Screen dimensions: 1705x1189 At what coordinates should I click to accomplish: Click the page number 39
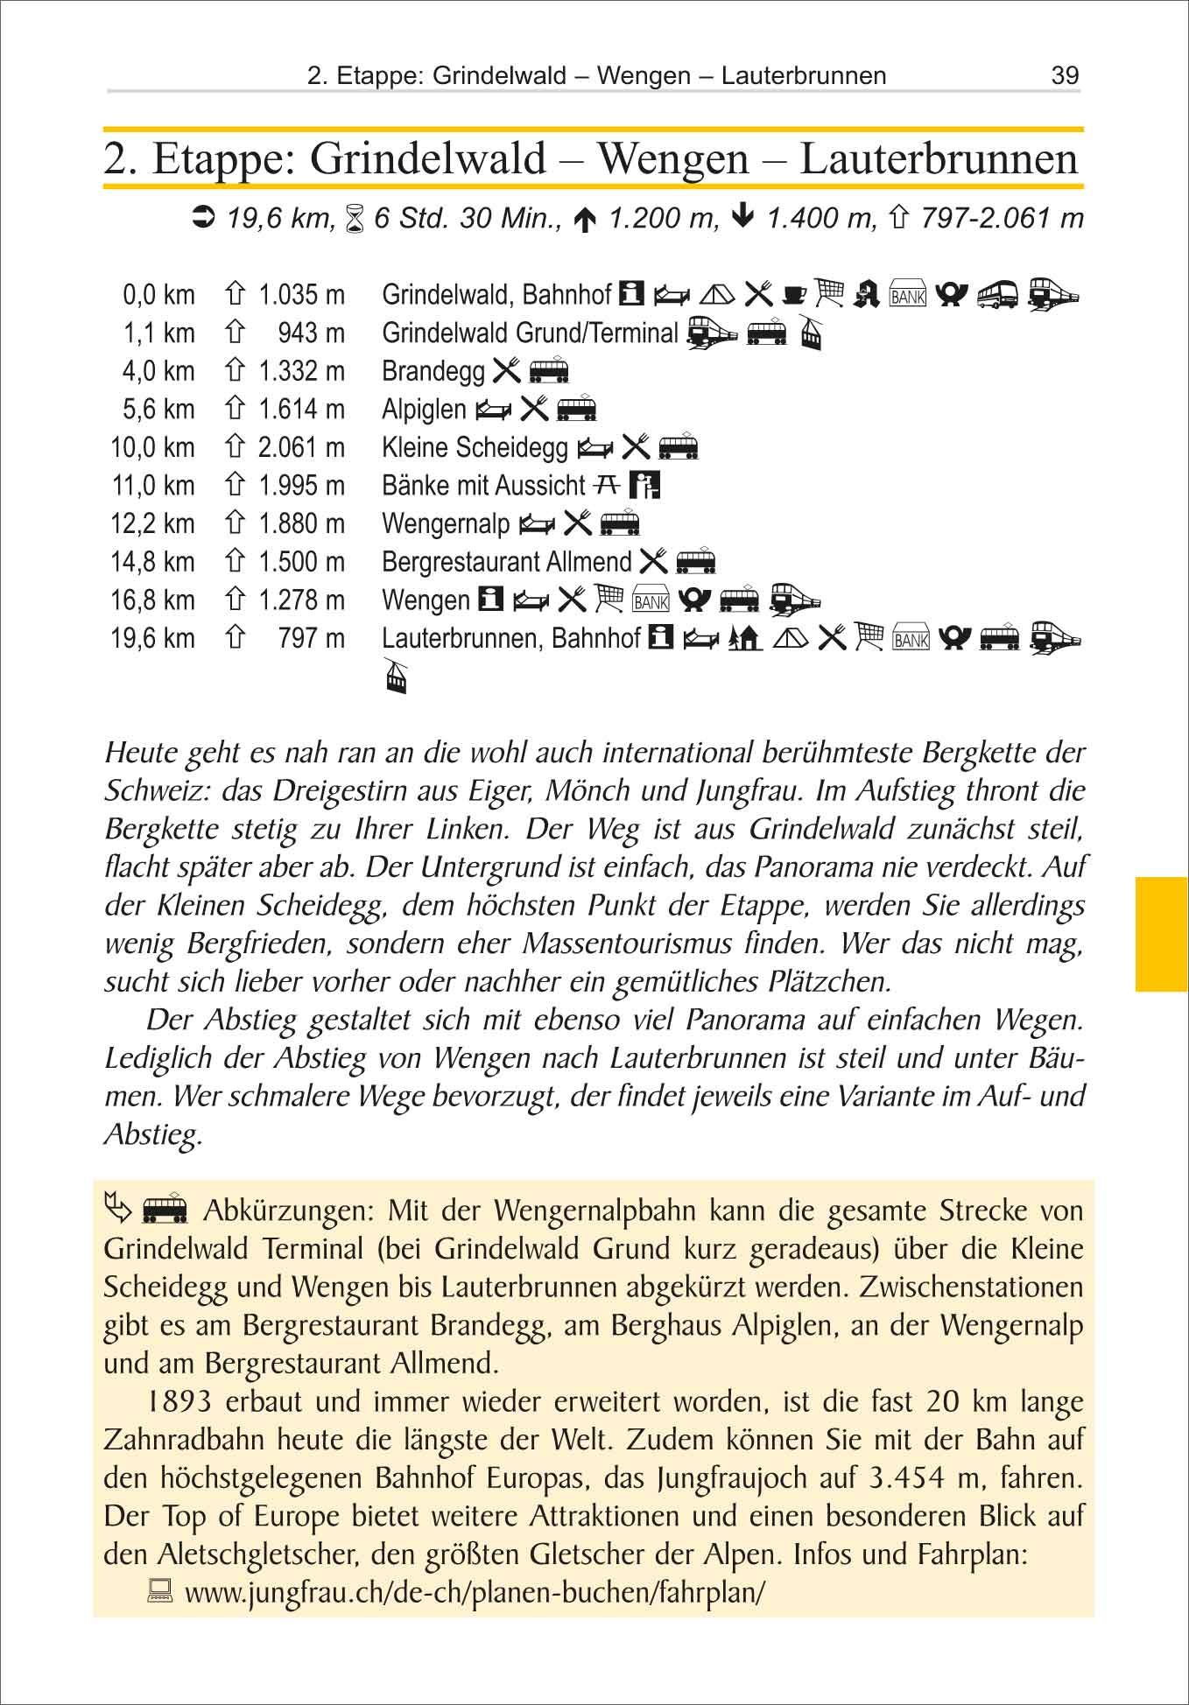1065,75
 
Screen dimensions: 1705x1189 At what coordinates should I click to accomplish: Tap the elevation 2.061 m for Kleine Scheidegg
301,447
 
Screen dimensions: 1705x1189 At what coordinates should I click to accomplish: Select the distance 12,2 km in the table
152,523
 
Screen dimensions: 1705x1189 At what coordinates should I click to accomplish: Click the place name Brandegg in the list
433,371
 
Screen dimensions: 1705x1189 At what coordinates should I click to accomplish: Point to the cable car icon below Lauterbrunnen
397,676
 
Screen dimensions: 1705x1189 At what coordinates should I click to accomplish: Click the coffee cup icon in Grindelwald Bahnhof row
794,293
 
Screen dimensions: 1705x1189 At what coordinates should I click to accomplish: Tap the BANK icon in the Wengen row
651,600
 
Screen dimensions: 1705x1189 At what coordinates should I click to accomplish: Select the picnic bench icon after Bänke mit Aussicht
608,484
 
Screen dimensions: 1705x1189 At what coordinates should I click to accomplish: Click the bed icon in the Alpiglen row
494,409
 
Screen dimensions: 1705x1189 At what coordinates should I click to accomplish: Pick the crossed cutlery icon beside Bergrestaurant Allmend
653,561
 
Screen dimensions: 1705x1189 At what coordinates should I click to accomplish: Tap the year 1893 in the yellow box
179,1401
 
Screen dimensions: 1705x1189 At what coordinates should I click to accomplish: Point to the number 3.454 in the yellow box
908,1477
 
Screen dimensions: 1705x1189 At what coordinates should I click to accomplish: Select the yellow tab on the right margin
1161,933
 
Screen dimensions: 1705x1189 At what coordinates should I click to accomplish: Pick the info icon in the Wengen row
490,600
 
